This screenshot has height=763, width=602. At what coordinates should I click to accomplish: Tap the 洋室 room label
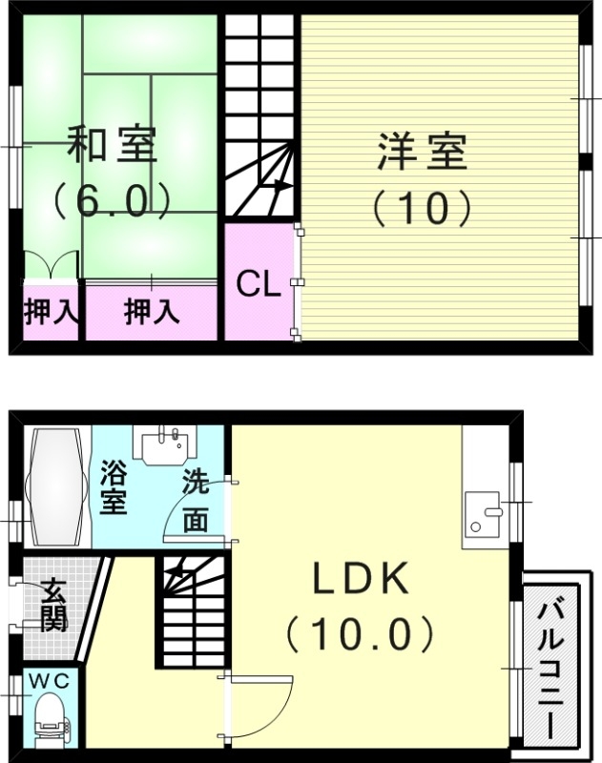[422, 153]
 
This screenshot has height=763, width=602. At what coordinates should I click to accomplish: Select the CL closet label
[259, 283]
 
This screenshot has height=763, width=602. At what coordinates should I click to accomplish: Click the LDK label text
[361, 579]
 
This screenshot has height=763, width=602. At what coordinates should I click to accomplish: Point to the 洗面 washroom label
[196, 502]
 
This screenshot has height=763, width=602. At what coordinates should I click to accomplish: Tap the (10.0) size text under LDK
[361, 631]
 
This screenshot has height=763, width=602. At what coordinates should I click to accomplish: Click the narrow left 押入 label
[50, 311]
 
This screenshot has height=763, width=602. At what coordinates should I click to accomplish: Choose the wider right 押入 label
[152, 311]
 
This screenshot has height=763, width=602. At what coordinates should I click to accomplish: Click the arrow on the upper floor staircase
[280, 185]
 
